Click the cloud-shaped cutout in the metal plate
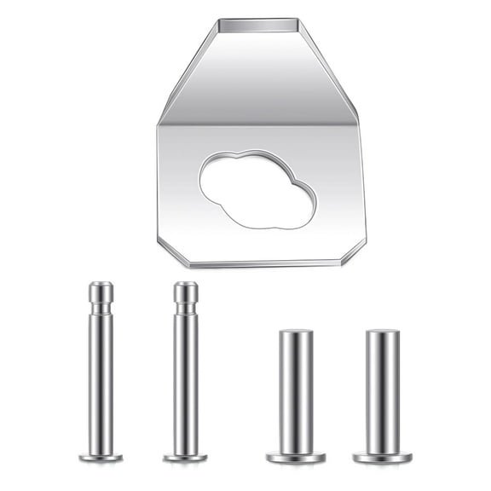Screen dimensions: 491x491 256,189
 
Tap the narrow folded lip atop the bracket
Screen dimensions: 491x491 257,26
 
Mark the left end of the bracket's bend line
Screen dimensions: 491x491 159,124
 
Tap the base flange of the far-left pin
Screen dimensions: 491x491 101,457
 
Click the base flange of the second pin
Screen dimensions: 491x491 186,457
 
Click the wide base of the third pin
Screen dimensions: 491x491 296,457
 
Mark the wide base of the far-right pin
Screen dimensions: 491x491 383,457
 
